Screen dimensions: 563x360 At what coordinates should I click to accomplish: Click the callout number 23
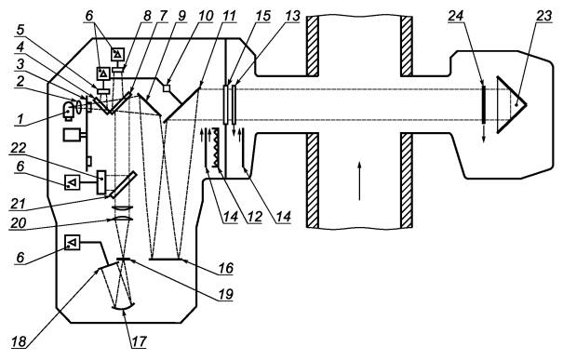click(x=543, y=17)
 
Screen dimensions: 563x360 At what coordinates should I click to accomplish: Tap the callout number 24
click(x=456, y=17)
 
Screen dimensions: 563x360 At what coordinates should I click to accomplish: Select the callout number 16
click(x=226, y=268)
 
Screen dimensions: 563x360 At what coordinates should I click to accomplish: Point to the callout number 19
click(x=226, y=294)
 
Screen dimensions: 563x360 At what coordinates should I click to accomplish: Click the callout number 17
click(x=139, y=341)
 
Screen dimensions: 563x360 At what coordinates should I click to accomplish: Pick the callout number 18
click(x=19, y=341)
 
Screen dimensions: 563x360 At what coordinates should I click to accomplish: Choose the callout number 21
click(x=17, y=204)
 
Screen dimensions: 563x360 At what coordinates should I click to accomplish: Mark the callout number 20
click(x=18, y=223)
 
